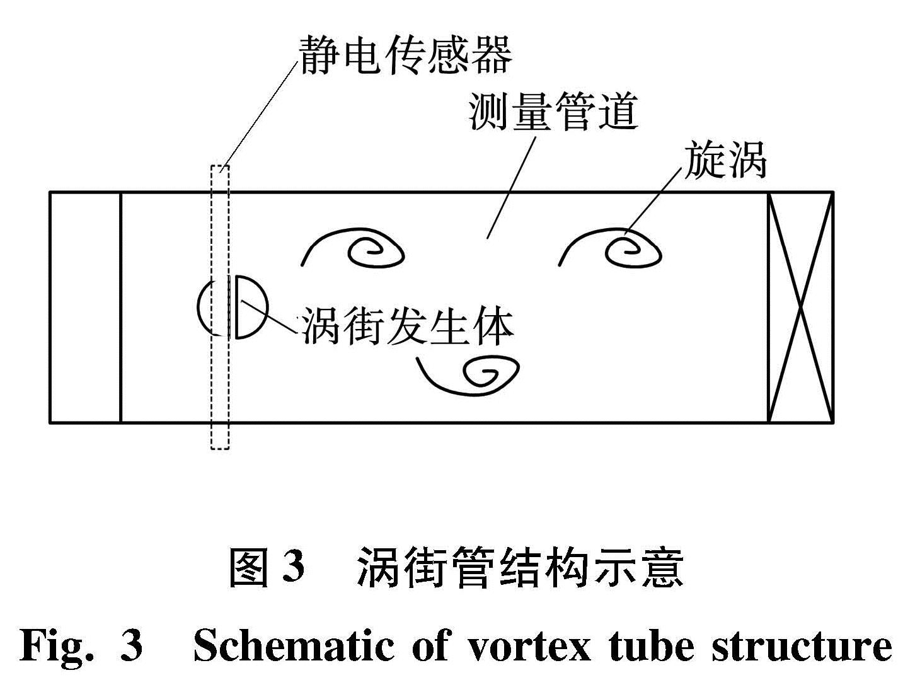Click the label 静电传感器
[405, 55]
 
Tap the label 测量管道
[554, 111]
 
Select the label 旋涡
[725, 159]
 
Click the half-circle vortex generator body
[266, 306]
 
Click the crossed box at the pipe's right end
[800, 307]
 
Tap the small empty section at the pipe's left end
[85, 307]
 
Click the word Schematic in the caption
[293, 646]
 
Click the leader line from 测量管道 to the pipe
[511, 187]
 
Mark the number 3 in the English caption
[131, 647]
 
